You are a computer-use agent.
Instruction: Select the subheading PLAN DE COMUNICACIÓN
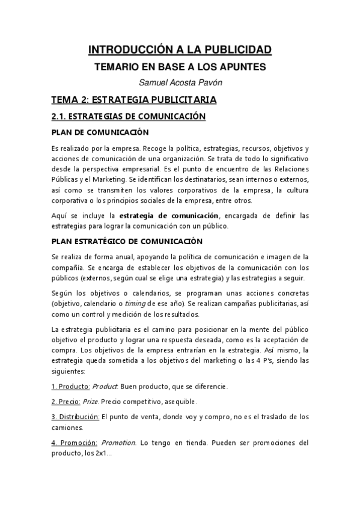coord(100,132)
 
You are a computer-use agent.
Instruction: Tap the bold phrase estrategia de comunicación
coord(168,215)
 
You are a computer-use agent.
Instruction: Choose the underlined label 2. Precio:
coord(67,401)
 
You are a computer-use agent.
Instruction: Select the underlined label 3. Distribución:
coord(75,417)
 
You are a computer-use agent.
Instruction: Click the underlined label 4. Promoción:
coord(73,443)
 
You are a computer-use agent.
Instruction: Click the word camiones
coord(69,428)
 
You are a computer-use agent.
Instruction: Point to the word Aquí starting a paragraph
coord(59,215)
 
